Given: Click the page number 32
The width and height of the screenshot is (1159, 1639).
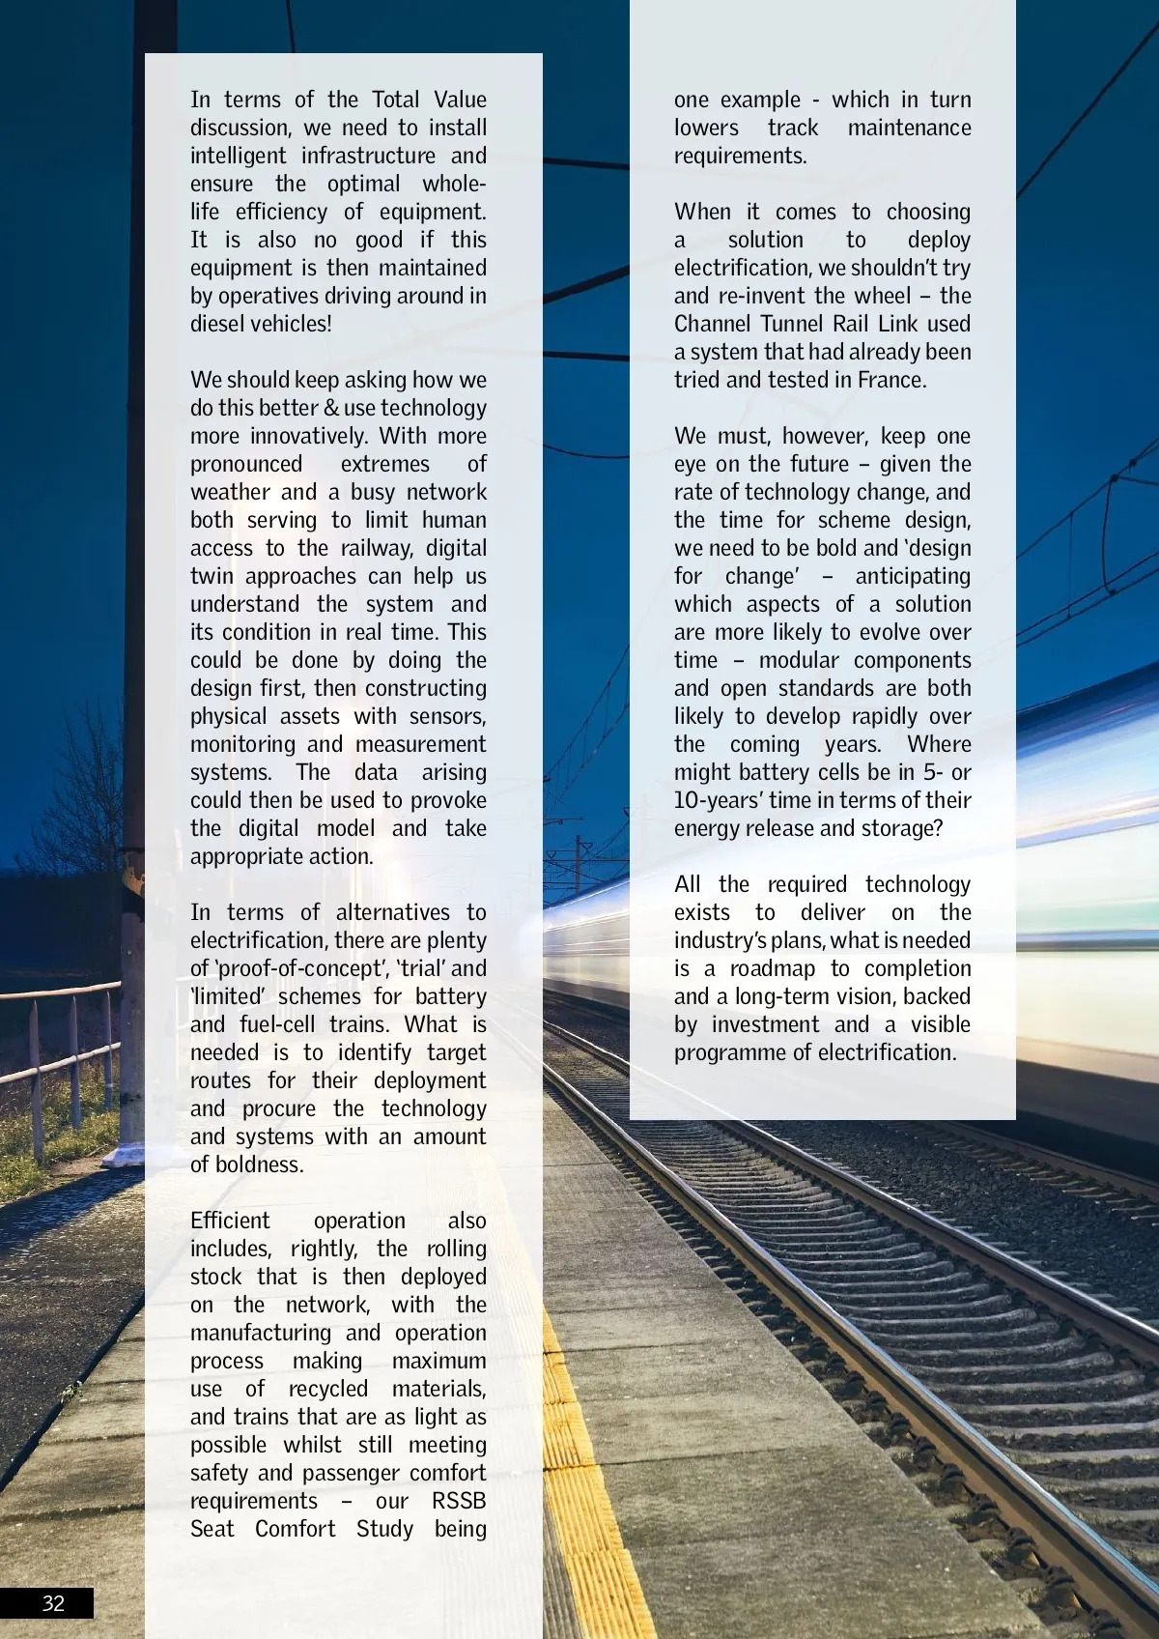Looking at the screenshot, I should tap(53, 1603).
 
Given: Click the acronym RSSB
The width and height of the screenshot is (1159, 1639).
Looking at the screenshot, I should tap(459, 1501).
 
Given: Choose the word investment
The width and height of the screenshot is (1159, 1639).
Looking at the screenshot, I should tap(779, 1024).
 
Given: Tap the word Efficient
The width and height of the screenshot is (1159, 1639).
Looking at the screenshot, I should tap(230, 1221).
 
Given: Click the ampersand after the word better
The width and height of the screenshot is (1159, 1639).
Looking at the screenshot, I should tap(331, 408).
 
